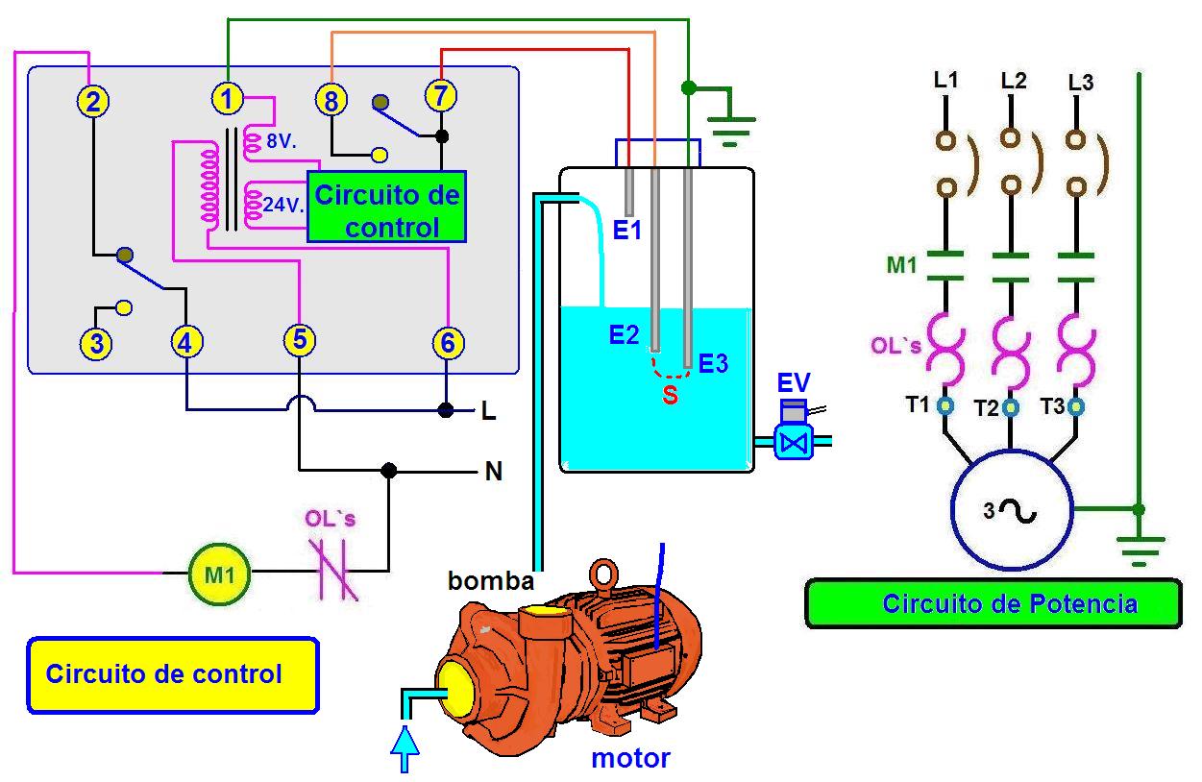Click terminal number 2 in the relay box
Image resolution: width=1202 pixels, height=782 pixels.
[92, 101]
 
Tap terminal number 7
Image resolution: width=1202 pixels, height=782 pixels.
[441, 96]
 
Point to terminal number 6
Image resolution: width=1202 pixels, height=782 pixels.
[448, 342]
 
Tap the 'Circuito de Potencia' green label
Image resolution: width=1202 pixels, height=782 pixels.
[994, 604]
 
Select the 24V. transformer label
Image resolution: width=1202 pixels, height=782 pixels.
[283, 205]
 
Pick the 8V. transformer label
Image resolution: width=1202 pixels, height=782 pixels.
[281, 142]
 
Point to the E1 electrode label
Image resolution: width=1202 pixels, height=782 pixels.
[626, 231]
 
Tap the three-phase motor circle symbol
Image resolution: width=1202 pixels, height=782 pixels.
[1011, 510]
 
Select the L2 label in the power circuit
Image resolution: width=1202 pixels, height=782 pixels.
[1013, 82]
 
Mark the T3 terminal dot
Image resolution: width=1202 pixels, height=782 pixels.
[1075, 407]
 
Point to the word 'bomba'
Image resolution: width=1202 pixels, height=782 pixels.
[490, 581]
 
